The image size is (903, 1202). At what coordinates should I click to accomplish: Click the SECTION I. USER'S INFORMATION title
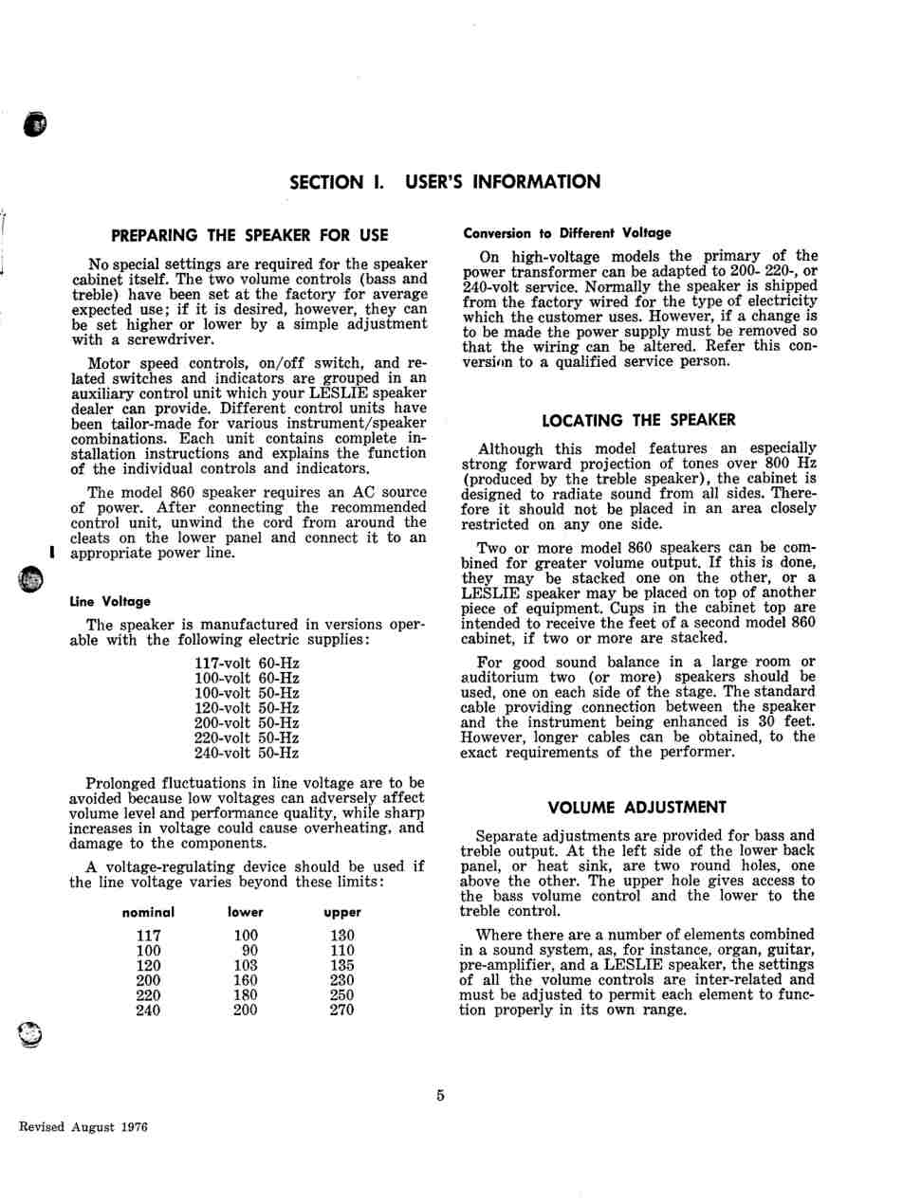(x=444, y=182)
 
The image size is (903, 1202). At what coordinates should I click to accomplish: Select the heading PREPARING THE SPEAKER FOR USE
(x=249, y=235)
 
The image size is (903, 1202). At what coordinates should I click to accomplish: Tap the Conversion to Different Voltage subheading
(x=566, y=232)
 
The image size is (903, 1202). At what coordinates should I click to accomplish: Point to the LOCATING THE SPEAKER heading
(x=638, y=419)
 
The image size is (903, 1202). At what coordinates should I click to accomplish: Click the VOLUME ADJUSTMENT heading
(x=637, y=807)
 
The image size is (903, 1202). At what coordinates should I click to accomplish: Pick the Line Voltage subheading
(x=110, y=601)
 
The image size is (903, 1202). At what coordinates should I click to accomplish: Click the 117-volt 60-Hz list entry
(x=247, y=663)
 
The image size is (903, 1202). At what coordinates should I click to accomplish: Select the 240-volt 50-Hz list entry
(x=247, y=753)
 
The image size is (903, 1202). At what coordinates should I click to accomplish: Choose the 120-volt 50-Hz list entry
(x=247, y=707)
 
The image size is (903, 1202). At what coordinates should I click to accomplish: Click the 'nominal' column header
(x=149, y=912)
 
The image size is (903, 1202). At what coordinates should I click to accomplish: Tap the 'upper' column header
(x=341, y=912)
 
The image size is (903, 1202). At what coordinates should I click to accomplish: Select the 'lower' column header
(x=246, y=912)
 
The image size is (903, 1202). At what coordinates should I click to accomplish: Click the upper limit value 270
(x=341, y=1010)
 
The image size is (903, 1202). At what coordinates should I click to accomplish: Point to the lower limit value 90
(x=249, y=950)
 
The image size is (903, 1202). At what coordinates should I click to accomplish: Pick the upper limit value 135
(x=341, y=965)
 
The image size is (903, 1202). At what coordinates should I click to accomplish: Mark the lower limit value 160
(x=246, y=980)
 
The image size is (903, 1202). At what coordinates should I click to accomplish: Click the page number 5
(x=441, y=1096)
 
